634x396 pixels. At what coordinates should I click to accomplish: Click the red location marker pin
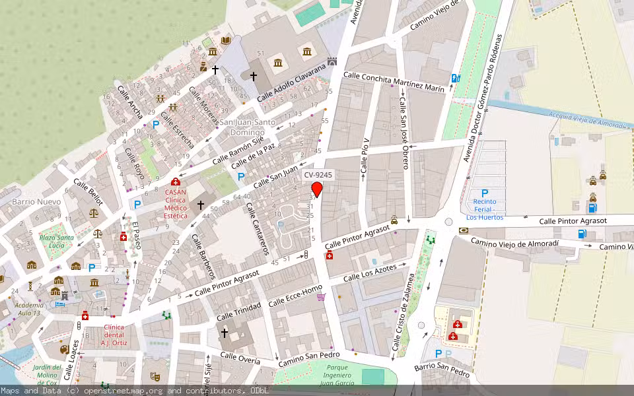317,189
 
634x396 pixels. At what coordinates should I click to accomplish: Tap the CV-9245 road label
318,176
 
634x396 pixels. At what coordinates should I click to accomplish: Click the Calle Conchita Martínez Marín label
394,82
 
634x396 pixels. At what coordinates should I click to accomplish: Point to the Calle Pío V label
365,156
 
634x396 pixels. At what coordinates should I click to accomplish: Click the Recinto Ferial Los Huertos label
485,209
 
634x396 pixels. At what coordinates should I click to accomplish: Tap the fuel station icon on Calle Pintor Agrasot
582,233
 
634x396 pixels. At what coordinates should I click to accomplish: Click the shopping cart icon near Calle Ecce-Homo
321,296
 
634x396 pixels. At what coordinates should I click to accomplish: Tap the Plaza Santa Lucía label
55,242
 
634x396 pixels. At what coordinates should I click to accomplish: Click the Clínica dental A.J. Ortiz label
113,335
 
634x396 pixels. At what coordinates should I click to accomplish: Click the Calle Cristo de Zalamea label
405,311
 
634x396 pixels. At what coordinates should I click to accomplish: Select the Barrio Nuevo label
36,201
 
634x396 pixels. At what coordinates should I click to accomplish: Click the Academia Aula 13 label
28,309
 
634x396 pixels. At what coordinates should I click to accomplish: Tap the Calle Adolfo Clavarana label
291,83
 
